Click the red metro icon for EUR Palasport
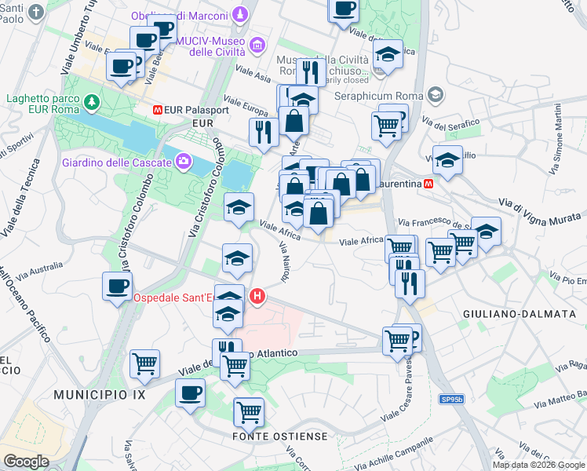(x=158, y=111)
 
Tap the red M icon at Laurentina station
(x=428, y=184)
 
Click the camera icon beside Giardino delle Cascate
(x=184, y=162)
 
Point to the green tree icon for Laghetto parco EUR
(x=93, y=102)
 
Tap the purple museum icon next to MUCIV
(x=258, y=46)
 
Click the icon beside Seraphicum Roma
(x=437, y=95)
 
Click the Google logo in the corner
(x=26, y=461)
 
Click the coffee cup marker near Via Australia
(x=117, y=285)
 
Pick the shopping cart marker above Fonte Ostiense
(x=248, y=410)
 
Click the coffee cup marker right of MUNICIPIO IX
(x=189, y=392)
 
